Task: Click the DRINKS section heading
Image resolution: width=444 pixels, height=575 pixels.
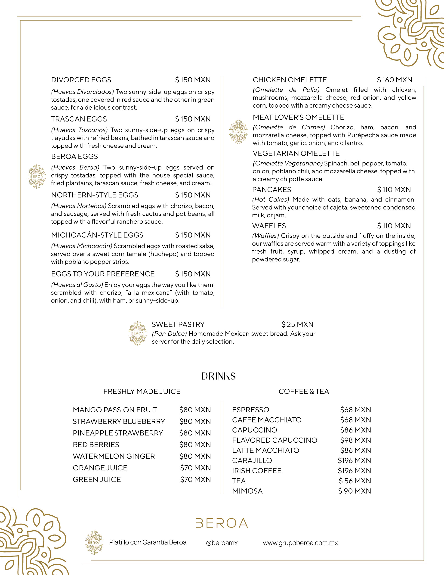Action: tap(219, 376)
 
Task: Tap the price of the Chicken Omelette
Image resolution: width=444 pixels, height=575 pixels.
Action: tap(395, 80)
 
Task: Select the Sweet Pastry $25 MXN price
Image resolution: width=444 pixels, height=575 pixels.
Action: tap(297, 324)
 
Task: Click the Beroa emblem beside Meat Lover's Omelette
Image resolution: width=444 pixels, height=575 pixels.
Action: tap(238, 132)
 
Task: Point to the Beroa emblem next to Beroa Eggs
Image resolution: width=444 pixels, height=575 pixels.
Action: tap(37, 176)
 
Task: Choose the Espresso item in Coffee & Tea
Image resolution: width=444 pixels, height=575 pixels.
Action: tap(250, 410)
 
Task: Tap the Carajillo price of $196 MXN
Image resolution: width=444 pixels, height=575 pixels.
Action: tap(354, 460)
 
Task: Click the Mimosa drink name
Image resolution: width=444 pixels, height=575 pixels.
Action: tap(247, 491)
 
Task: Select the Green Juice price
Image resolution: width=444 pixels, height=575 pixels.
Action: tap(195, 479)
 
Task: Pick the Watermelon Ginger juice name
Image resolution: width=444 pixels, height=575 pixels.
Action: tap(114, 456)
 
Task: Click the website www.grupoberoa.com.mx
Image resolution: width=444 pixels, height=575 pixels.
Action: tap(300, 543)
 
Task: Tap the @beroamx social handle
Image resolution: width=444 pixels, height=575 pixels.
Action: tap(222, 543)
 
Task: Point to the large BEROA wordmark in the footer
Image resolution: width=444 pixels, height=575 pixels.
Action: tap(222, 523)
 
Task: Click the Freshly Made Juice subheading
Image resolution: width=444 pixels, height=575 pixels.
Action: tap(142, 392)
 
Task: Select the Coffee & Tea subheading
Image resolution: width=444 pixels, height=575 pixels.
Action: tap(304, 392)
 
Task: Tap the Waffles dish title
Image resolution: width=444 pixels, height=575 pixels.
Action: tap(269, 226)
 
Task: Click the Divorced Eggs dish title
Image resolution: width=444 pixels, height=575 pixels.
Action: tap(81, 80)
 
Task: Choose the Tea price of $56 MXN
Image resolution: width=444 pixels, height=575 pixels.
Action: tap(355, 481)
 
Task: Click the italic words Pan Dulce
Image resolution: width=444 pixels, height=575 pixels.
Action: tap(169, 334)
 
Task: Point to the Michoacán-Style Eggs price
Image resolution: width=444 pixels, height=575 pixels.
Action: tap(193, 235)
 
